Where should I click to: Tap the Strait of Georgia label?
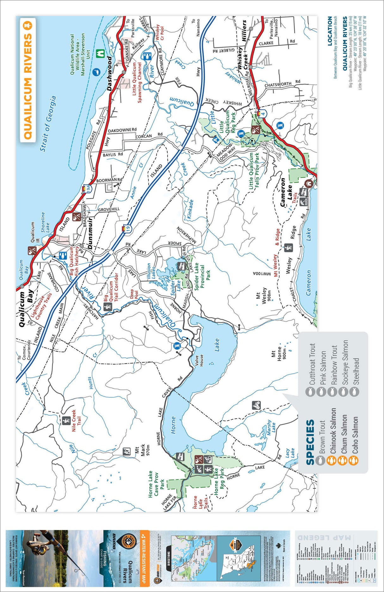48,123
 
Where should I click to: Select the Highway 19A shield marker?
88,189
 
